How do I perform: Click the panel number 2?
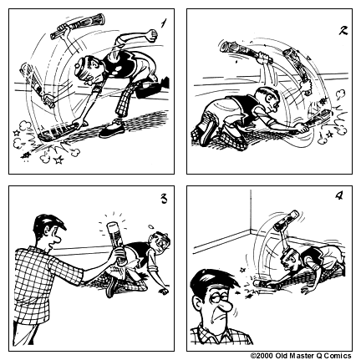343,30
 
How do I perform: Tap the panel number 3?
164,198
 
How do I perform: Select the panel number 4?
338,196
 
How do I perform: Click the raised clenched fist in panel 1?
151,35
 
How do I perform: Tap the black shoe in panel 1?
112,131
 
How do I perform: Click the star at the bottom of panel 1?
58,160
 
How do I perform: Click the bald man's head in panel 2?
268,98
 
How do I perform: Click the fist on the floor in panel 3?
163,292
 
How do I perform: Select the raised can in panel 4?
287,221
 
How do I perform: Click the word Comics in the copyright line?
338,356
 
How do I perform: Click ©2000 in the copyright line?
262,356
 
